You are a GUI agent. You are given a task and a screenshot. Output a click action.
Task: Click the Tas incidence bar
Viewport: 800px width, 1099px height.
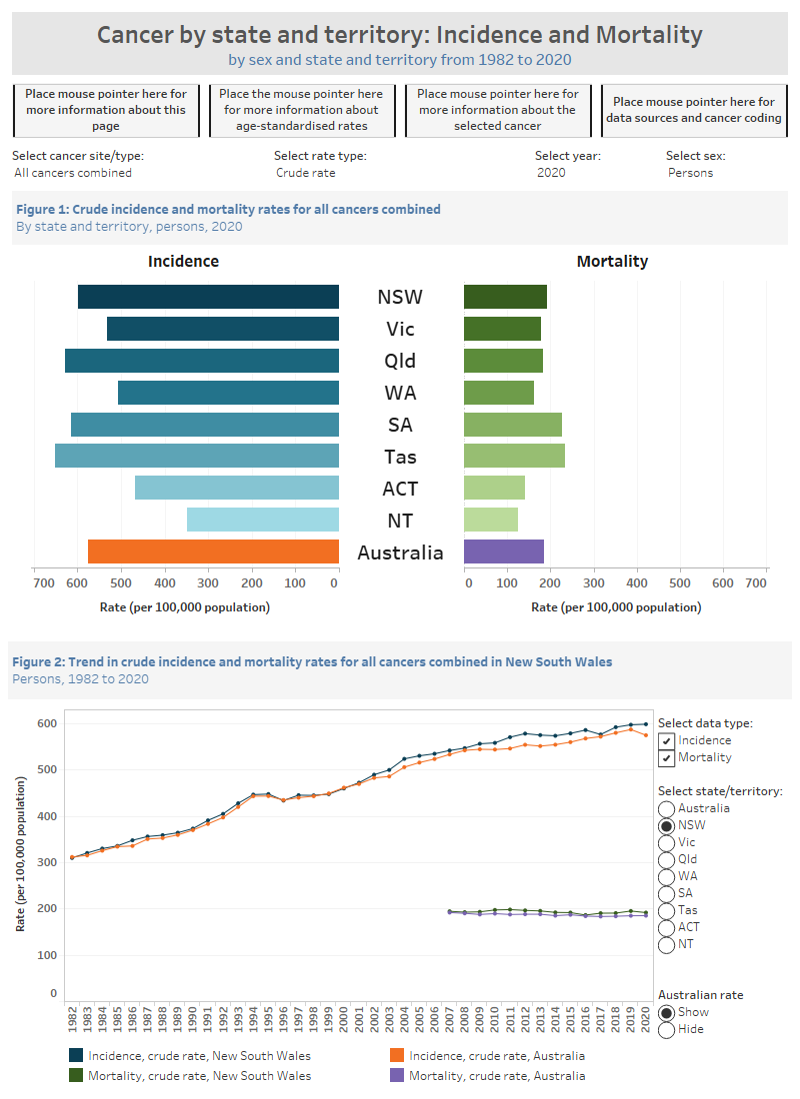197,457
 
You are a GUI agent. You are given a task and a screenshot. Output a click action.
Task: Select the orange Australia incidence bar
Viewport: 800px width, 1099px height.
213,552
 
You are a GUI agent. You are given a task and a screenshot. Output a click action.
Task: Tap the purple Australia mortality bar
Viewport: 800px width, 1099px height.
504,552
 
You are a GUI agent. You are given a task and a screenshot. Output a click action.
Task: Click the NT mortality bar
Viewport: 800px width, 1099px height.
491,521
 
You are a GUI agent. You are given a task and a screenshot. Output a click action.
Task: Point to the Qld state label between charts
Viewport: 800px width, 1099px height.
400,361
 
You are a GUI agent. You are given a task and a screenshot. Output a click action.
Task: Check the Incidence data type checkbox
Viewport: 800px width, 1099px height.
666,740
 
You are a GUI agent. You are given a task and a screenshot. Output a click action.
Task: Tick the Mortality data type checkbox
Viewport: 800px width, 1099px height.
666,757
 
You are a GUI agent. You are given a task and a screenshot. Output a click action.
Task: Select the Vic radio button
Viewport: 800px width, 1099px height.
666,842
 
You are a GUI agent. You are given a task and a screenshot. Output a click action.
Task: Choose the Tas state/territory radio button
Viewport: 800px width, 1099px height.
666,910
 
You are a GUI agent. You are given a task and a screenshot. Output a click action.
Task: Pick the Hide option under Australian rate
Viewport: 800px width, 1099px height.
666,1029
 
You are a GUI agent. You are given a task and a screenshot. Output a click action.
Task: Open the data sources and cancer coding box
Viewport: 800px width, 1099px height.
693,110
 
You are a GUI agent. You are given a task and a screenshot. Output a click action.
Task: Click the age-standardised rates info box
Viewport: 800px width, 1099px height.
301,110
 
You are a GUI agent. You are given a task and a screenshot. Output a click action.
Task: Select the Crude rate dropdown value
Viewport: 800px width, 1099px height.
306,173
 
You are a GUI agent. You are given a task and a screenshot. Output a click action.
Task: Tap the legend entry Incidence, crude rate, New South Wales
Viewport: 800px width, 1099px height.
199,1055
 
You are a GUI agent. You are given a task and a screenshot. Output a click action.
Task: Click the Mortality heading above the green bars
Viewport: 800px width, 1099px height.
612,262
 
